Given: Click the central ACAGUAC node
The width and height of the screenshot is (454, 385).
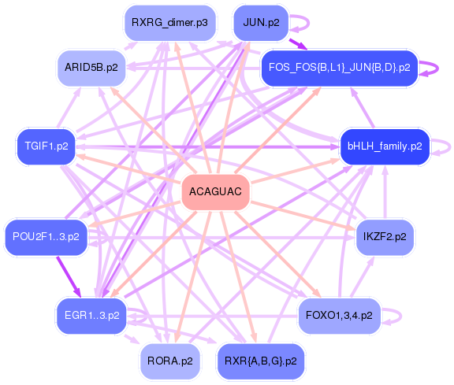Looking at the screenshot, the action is (x=215, y=192).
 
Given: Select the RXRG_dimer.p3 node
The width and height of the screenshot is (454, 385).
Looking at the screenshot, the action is (x=170, y=23).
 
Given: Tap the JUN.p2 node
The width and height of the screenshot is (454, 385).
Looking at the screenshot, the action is (x=261, y=23).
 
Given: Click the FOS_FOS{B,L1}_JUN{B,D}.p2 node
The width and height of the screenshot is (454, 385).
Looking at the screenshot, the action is (x=340, y=68).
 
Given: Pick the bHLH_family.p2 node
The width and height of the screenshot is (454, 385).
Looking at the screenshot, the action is (x=385, y=146).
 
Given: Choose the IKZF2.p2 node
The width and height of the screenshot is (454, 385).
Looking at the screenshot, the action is (x=385, y=237).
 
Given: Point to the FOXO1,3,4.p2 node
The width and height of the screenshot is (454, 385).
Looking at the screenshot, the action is (x=339, y=316).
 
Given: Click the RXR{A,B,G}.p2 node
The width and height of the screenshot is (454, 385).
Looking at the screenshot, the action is (x=261, y=361).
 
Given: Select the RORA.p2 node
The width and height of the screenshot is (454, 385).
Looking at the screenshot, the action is (x=170, y=361).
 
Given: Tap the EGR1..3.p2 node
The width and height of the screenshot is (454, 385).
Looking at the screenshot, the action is (x=91, y=316).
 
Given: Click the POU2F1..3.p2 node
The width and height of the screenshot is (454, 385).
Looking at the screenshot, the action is (x=46, y=237).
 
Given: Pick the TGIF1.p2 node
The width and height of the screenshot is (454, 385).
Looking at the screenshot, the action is (x=47, y=146).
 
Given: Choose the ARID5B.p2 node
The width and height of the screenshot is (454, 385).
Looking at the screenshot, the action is (x=91, y=68).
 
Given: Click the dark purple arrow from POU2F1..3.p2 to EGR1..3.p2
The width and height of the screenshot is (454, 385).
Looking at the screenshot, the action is (x=69, y=276).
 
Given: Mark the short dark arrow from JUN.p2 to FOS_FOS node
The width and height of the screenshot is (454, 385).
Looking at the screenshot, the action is (x=298, y=44).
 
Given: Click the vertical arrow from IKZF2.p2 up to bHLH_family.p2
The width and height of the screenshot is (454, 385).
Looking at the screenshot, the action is (x=385, y=192).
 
